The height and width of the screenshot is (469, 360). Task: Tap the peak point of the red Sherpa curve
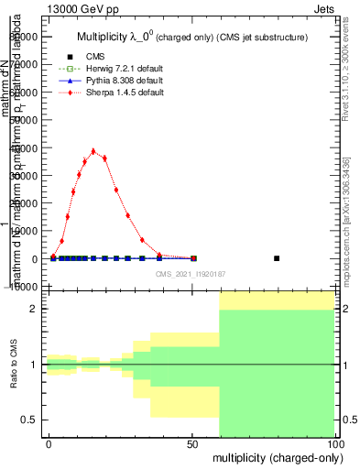(93, 151)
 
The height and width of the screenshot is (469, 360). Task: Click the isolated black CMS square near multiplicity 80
(277, 258)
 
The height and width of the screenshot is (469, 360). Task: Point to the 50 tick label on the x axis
(192, 443)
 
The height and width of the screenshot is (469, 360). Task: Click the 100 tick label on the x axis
(334, 443)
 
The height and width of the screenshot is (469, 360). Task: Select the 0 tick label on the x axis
(49, 443)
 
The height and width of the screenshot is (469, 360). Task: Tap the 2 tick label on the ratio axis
(32, 309)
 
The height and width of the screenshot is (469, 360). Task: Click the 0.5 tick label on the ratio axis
(28, 420)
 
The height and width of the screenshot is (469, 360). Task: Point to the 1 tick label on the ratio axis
(32, 365)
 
